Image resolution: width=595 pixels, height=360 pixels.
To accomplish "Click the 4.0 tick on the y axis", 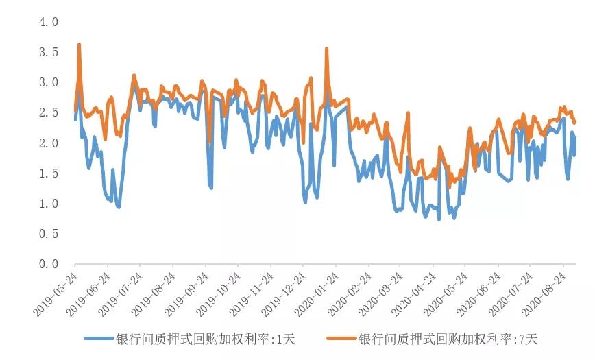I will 49,22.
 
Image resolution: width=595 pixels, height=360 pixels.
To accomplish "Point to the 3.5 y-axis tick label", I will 49,52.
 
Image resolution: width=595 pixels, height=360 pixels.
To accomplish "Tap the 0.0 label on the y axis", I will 49,264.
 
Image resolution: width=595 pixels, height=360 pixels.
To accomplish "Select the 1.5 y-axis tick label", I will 49,173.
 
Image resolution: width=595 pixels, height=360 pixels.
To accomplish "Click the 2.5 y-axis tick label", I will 49,112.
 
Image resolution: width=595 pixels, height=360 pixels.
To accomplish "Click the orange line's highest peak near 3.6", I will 80,45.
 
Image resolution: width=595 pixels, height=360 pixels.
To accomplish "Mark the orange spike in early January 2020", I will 326,49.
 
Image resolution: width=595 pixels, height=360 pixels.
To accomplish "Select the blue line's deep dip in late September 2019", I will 210,187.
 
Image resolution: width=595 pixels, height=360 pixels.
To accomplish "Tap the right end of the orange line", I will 575,122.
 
